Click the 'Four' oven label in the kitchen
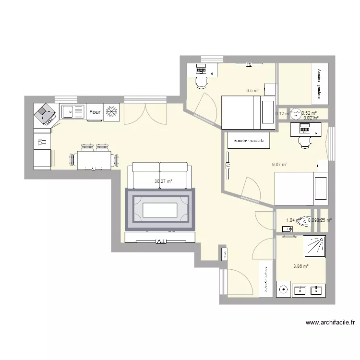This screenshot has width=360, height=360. coord(95,112)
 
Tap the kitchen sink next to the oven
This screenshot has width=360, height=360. coord(72,111)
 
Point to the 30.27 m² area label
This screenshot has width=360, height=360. coord(163,181)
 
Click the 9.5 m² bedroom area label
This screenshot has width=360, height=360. coord(252,90)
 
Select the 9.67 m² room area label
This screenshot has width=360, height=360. coord(279,165)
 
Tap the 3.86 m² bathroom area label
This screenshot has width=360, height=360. coord(300,266)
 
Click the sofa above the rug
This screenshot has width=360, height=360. coord(160,176)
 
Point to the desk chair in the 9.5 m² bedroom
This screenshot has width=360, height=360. coord(201,82)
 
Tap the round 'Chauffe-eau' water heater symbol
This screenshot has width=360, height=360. coord(296,114)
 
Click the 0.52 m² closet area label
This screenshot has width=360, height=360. coord(309,113)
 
